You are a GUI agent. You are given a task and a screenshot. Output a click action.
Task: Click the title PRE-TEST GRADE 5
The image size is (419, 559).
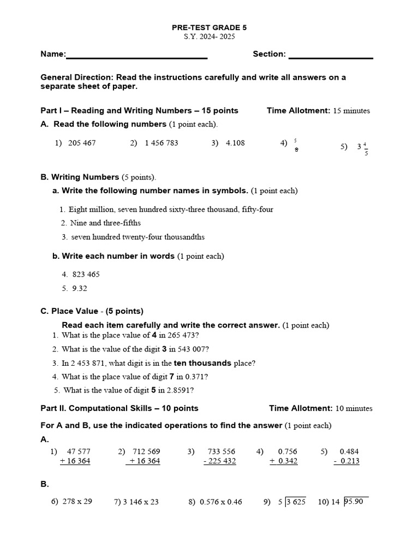tap(209, 27)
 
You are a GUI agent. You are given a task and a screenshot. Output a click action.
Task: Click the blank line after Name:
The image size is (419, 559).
tap(136, 57)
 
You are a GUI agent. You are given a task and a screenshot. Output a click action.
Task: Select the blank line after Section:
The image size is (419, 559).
tap(331, 57)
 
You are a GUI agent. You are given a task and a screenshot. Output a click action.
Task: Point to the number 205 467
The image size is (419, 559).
tap(82, 143)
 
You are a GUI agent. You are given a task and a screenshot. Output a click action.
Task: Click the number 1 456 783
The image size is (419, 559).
tap(161, 143)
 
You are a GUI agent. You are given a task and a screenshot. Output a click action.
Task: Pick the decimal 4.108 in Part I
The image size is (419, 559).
tap(235, 143)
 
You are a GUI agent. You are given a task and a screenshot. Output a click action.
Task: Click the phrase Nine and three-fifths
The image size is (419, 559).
tap(105, 223)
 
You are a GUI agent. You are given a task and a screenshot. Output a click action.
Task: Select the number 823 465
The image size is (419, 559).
tap(86, 275)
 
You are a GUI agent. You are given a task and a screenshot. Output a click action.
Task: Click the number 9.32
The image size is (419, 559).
tap(80, 288)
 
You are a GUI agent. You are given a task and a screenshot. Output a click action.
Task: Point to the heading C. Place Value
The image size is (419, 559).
tap(92, 311)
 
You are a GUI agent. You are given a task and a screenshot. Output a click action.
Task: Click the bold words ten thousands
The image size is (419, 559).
tap(202, 363)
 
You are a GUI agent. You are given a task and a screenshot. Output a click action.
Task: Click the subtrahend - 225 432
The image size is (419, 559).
tap(219, 461)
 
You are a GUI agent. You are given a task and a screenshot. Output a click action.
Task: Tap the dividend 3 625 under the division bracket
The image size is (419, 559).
tap(297, 502)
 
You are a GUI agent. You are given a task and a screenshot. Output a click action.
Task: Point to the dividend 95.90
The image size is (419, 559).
tap(355, 501)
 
